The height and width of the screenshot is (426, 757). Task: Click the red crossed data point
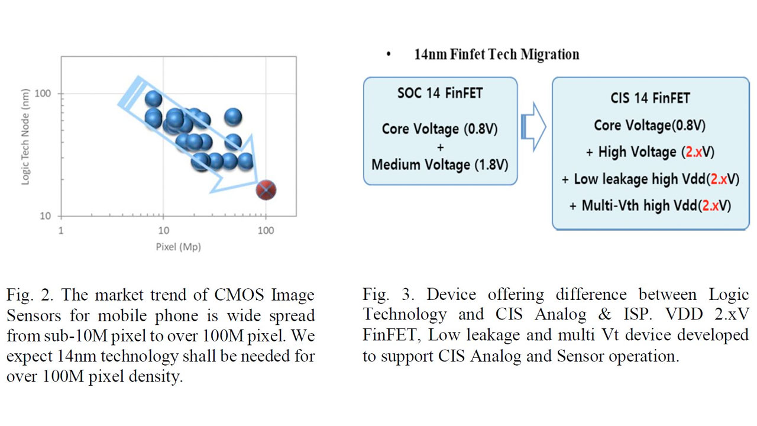[266, 190]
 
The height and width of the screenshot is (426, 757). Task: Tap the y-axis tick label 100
[43, 93]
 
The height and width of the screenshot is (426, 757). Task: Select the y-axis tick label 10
[46, 216]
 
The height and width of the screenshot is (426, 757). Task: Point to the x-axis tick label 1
[61, 231]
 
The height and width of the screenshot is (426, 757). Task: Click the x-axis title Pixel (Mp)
[179, 247]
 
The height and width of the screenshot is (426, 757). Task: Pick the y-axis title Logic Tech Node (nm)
[25, 137]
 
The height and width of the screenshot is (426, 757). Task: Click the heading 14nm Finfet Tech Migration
[497, 54]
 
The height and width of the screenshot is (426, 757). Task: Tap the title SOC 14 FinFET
[440, 93]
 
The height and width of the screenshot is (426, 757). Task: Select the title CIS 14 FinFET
[650, 98]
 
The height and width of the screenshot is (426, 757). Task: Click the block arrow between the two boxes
[533, 127]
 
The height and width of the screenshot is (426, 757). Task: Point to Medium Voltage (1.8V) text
[440, 165]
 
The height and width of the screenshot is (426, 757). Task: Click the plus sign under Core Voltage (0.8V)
[440, 147]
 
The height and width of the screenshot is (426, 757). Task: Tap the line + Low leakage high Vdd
[651, 179]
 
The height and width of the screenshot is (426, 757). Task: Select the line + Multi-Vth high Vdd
[650, 205]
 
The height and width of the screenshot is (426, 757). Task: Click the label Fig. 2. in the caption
[30, 295]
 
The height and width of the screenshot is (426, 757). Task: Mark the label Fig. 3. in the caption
[389, 295]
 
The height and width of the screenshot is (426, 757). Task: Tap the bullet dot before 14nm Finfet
[389, 54]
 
